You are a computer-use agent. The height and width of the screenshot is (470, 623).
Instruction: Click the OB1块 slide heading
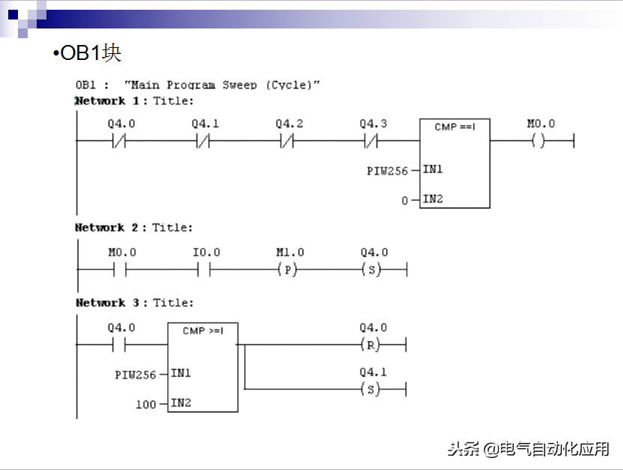tap(87, 53)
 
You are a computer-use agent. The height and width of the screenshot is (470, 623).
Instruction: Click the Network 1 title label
tap(134, 100)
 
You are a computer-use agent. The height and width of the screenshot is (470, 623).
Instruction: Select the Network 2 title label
tap(134, 227)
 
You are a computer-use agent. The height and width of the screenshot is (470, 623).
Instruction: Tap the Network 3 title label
tap(134, 303)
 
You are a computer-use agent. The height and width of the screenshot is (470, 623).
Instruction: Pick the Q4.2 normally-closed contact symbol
tap(288, 140)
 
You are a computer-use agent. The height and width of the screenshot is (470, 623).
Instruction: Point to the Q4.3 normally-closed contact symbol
tap(372, 140)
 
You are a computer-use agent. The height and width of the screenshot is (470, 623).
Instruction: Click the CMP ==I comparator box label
tap(455, 127)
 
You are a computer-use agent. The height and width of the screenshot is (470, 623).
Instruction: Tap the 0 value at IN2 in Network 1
tap(405, 200)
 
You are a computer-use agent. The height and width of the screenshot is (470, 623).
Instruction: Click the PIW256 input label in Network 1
tap(387, 171)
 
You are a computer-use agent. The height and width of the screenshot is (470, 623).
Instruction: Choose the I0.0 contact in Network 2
tap(204, 270)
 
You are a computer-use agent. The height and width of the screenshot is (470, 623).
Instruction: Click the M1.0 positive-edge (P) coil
tap(288, 270)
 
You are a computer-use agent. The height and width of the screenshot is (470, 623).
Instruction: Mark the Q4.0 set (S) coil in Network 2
tap(372, 270)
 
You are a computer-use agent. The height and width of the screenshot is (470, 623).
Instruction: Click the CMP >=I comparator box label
tap(202, 331)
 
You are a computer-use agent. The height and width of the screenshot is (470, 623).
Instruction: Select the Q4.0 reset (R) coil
tap(371, 345)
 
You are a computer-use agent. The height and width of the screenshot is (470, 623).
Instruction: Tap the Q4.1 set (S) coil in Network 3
tap(371, 389)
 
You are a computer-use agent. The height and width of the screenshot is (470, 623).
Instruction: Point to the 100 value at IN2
tap(145, 404)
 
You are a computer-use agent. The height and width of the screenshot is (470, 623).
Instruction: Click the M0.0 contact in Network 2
tap(121, 270)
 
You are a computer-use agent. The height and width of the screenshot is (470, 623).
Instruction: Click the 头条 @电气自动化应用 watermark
tap(529, 448)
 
